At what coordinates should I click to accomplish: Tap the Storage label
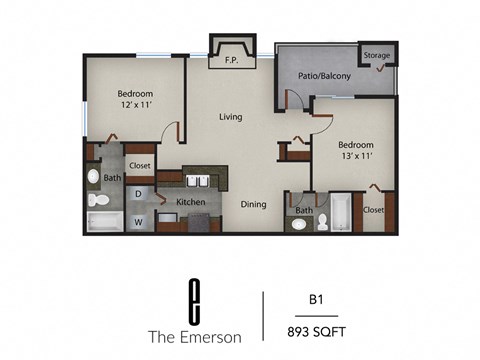point(376,56)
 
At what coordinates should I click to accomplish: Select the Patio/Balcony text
point(323,76)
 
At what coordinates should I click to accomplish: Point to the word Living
point(231,117)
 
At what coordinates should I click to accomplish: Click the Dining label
point(253,204)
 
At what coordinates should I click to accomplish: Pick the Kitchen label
point(190,202)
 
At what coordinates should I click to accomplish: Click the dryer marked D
point(139,193)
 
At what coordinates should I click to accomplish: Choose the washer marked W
point(139,220)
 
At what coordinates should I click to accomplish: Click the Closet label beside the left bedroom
point(139,166)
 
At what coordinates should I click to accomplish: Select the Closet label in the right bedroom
point(373,210)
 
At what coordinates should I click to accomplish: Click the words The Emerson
point(196,335)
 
